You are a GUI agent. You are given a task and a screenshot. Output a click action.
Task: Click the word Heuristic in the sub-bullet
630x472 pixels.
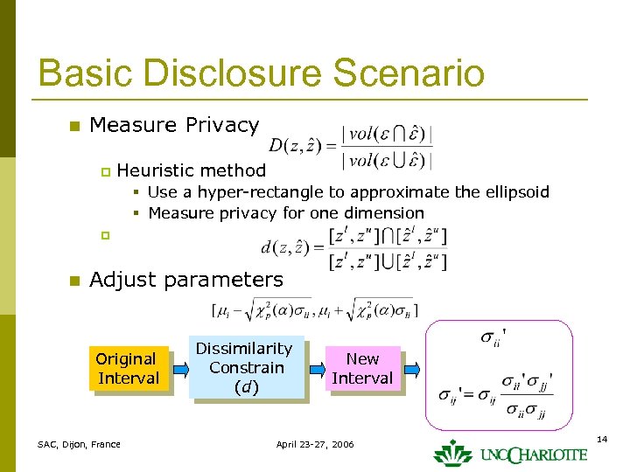(155, 170)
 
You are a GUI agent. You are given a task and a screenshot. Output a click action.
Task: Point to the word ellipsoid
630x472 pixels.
(517, 192)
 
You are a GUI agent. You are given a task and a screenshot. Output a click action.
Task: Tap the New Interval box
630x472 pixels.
(361, 368)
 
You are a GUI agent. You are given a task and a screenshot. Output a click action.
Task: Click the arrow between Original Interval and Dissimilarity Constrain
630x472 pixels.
(178, 369)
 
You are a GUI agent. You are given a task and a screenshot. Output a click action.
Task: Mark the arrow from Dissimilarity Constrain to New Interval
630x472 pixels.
(317, 368)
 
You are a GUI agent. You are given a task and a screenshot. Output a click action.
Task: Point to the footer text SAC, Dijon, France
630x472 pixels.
(80, 445)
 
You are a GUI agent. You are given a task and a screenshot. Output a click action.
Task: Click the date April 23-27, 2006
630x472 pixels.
(315, 445)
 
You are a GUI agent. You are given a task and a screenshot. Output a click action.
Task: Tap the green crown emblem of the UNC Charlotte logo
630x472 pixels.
(452, 453)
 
